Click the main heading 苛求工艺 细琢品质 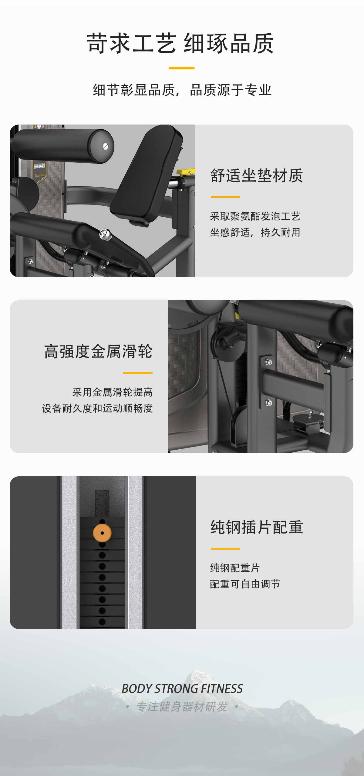[x=180, y=44]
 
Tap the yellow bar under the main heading [x=182, y=68]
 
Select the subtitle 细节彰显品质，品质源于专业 [x=182, y=90]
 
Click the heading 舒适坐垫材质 [x=257, y=175]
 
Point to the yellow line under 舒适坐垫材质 [x=225, y=197]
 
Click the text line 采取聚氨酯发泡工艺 [x=255, y=216]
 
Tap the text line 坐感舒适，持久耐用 [x=255, y=232]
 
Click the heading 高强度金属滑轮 [x=98, y=351]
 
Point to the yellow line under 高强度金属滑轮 [x=138, y=373]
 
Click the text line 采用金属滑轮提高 [x=112, y=392]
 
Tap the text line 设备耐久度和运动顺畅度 [x=97, y=408]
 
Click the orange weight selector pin [x=102, y=533]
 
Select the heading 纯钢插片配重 [x=257, y=527]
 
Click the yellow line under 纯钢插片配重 [x=225, y=549]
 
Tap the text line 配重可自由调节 [x=245, y=584]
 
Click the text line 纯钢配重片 [x=235, y=568]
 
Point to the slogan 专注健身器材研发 [x=182, y=707]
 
